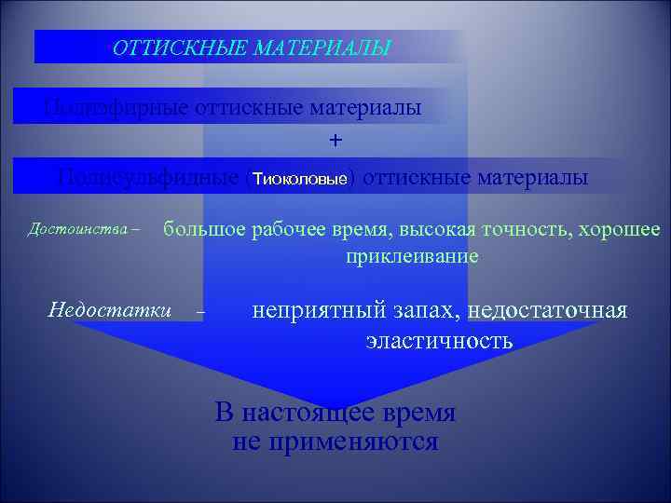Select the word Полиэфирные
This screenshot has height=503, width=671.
[x=116, y=108]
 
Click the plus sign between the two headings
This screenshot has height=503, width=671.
[x=335, y=140]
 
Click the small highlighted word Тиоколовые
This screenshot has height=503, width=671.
[x=300, y=178]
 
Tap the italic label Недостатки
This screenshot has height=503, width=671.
[x=109, y=308]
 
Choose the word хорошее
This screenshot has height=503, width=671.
[x=620, y=229]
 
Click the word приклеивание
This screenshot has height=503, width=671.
[x=412, y=255]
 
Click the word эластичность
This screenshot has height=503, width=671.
[x=439, y=340]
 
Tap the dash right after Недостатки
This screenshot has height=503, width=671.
[x=201, y=312]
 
